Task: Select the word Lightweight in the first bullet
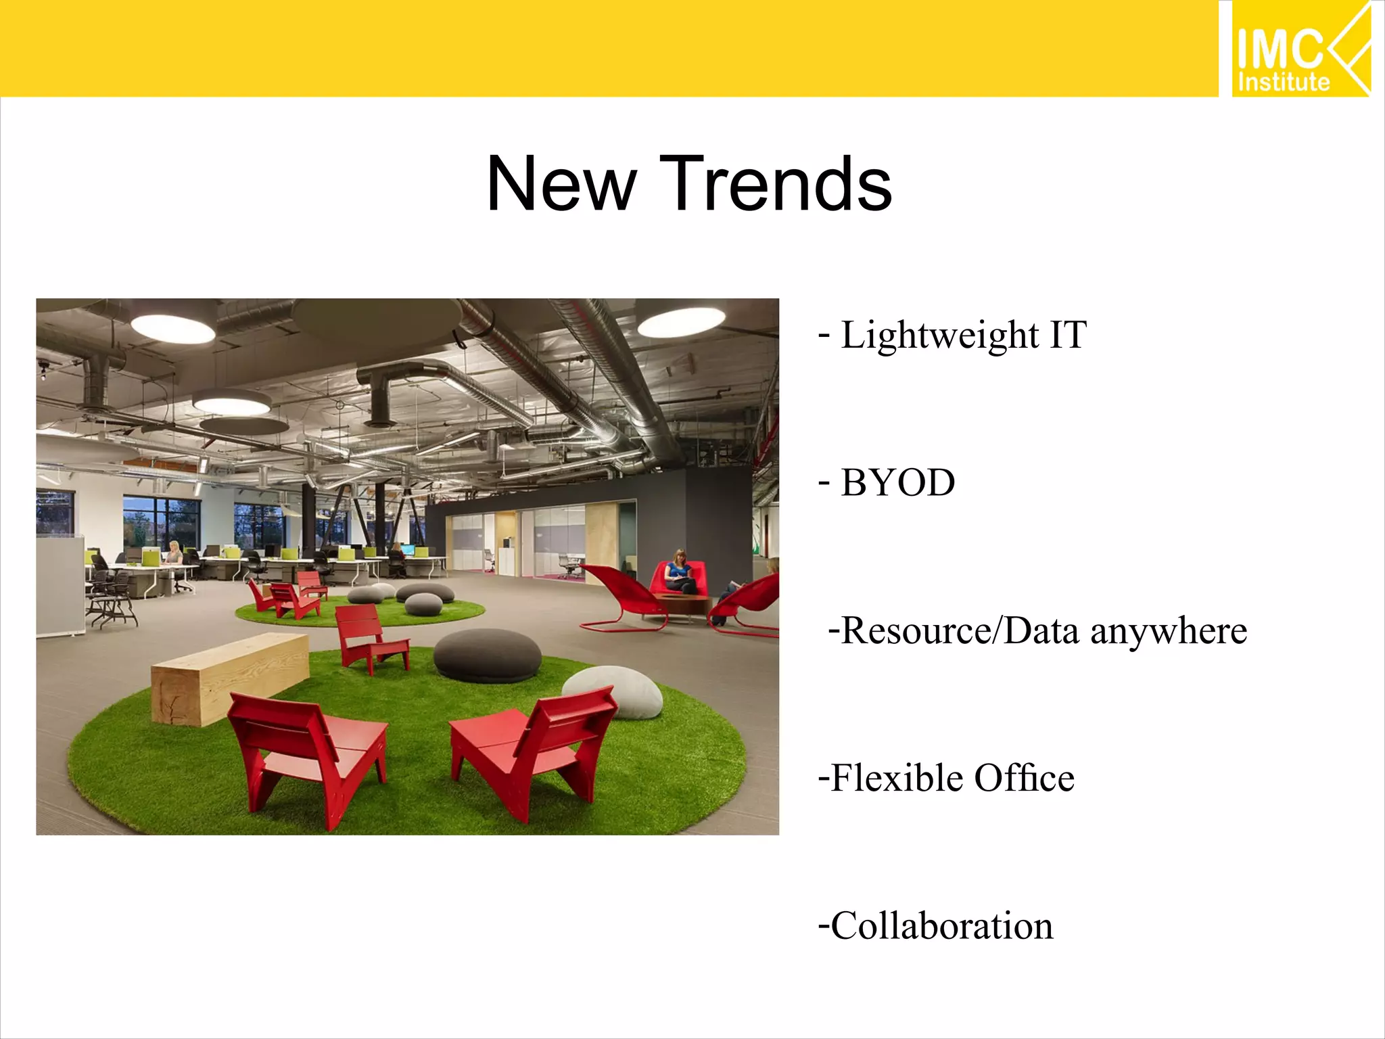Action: [x=939, y=335]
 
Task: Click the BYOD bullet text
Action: [x=897, y=483]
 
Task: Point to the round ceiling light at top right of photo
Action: [x=681, y=323]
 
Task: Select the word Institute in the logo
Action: [x=1283, y=82]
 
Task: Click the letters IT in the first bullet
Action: [x=1068, y=335]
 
